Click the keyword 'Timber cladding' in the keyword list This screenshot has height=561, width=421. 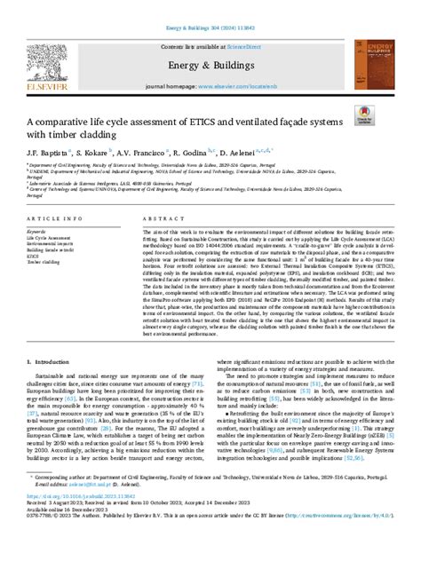point(45,264)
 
